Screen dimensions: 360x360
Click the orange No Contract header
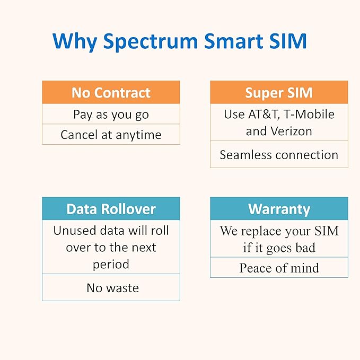111,92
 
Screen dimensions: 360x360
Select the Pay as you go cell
111,114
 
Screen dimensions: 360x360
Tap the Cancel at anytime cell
111,135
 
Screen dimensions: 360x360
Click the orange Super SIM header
279,92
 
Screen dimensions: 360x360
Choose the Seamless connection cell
279,155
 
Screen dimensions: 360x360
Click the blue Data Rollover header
111,209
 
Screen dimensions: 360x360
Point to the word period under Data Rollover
111,264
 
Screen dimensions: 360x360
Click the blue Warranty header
279,209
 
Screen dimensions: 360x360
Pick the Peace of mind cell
279,268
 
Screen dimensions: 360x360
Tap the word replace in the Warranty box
265,231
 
